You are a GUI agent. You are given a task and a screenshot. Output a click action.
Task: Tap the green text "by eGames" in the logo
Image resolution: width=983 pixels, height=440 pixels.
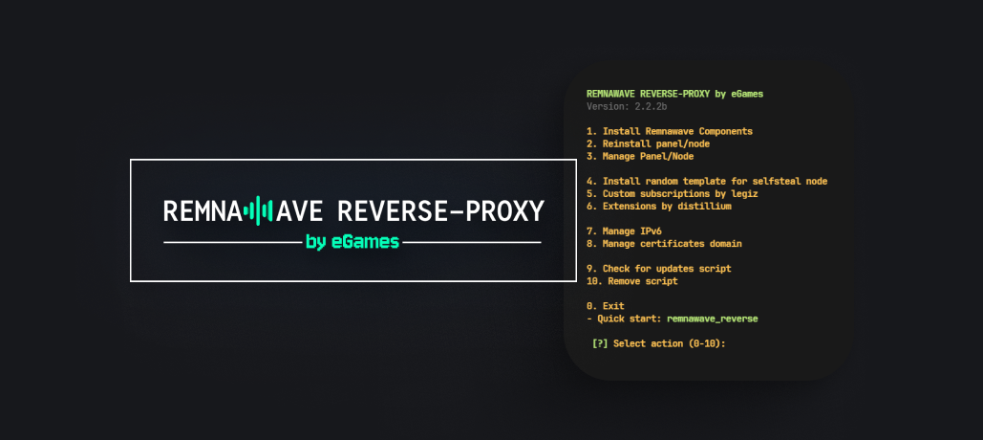point(352,242)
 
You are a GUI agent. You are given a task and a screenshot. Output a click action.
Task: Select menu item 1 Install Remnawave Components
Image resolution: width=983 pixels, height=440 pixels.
point(670,131)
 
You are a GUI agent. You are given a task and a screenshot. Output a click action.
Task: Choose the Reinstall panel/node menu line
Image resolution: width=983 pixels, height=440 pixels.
point(650,143)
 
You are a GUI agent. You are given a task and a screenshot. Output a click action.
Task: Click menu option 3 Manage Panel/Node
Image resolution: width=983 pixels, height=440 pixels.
point(650,156)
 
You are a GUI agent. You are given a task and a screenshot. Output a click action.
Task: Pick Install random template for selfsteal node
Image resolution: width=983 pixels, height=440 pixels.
point(707,181)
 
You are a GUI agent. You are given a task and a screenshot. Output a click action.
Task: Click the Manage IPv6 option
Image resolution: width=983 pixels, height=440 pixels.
point(627,231)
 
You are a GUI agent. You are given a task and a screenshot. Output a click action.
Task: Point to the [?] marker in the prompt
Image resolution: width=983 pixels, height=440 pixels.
point(600,343)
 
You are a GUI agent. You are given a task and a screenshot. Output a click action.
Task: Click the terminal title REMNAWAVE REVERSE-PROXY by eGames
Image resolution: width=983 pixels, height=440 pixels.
point(674,94)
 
